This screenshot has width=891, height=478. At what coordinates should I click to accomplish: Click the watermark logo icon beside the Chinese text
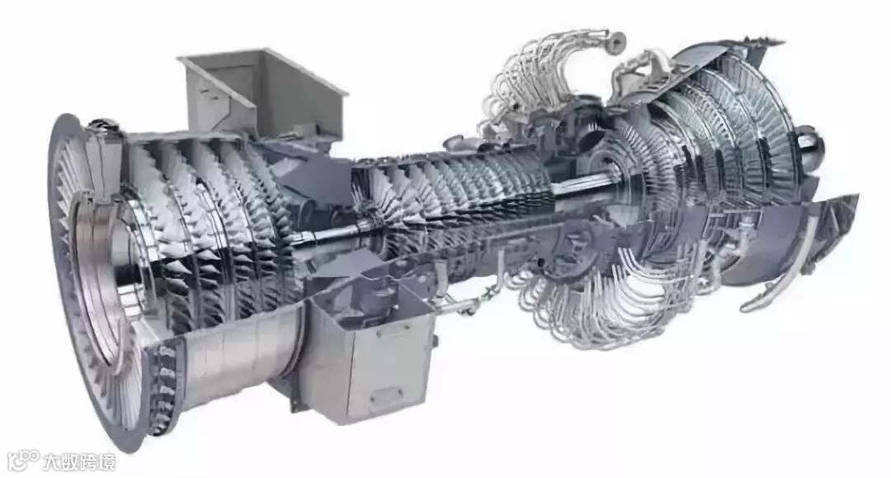pos(23,461)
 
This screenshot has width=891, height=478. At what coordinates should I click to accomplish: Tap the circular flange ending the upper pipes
pos(615,41)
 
